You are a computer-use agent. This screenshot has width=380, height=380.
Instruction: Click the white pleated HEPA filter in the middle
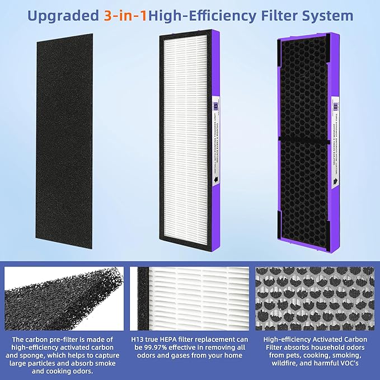click(x=185, y=140)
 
